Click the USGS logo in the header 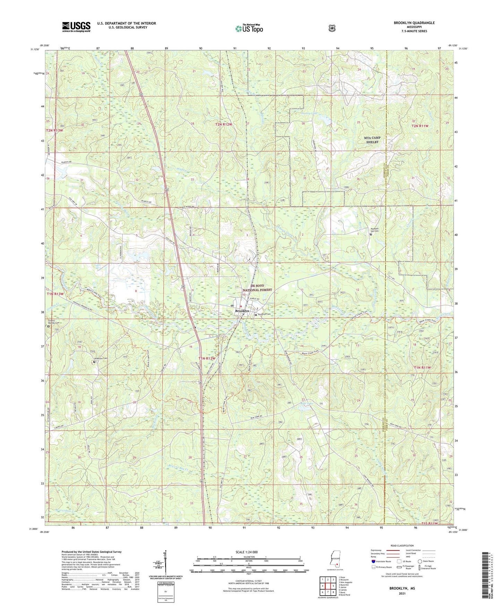click(x=76, y=26)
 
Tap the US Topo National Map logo click(x=249, y=28)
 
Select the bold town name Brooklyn click(x=242, y=311)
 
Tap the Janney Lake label click(x=309, y=113)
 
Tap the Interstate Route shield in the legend click(x=373, y=561)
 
